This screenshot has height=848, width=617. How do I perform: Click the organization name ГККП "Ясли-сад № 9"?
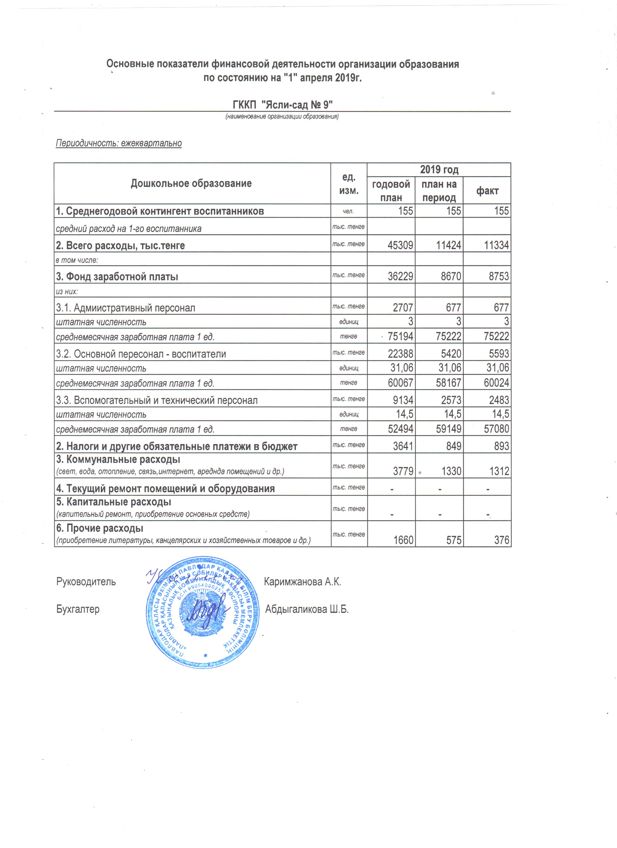283,104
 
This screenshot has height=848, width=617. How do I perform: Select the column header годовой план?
391,191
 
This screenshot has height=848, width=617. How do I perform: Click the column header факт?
487,191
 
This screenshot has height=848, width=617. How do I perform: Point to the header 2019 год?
439,170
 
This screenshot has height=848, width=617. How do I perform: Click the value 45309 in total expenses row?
400,245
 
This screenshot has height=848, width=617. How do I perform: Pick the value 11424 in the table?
448,245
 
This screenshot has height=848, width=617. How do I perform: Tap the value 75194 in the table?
400,336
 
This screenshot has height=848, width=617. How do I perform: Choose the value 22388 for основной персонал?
400,354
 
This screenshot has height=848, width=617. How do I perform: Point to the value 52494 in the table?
400,429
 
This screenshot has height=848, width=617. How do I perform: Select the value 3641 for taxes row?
403,446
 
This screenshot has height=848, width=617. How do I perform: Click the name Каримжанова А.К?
302,582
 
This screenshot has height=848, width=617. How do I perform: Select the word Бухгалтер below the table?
78,609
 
